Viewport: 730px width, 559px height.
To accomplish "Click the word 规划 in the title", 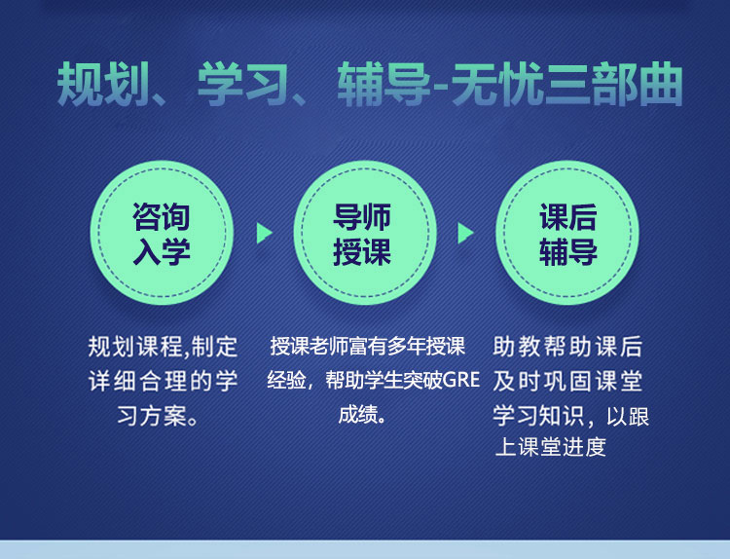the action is (103, 84).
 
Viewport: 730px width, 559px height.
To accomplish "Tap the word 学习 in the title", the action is (243, 84).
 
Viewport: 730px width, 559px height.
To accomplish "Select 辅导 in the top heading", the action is (383, 84).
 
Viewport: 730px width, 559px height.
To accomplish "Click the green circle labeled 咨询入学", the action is (162, 233).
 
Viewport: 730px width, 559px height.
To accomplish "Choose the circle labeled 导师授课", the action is (365, 233).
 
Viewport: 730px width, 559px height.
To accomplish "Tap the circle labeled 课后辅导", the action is (567, 233).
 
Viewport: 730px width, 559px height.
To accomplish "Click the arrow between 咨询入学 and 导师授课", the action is (264, 234).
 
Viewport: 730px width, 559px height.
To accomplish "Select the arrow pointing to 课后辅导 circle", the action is (465, 234).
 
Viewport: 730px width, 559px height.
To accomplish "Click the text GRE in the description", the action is (461, 380).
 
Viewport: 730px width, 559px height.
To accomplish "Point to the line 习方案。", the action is (158, 416).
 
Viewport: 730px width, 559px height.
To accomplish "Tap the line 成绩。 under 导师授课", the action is (362, 414).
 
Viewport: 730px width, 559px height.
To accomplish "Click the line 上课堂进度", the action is (551, 447).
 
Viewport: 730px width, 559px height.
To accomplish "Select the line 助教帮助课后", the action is (567, 347).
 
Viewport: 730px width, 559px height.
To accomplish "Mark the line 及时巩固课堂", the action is (567, 381).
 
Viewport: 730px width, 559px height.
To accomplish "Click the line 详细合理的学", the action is (163, 381).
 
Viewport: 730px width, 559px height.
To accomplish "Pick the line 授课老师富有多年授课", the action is (367, 346).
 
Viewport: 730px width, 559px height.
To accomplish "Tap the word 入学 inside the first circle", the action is (162, 251).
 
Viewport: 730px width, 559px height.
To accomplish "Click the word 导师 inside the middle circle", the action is (362, 216).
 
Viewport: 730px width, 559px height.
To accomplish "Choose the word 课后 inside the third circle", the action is (568, 216).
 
